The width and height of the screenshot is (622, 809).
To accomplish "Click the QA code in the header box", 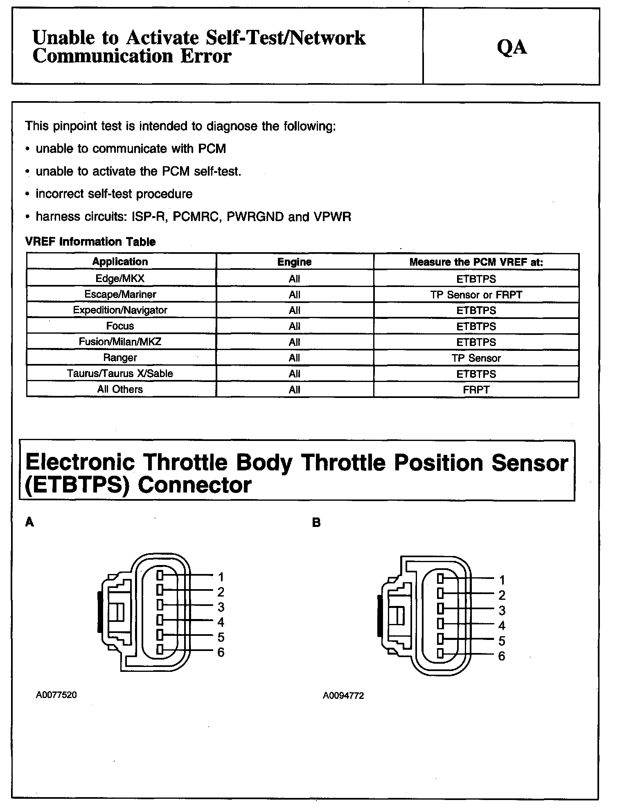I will (512, 47).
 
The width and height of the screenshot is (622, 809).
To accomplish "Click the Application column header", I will (120, 262).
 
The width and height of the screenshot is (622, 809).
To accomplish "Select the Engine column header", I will (294, 262).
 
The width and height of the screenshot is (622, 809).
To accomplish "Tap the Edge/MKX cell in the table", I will (120, 279).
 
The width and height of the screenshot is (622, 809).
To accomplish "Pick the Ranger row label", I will (120, 358).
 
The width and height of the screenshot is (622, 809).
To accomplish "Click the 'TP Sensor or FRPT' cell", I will (476, 295).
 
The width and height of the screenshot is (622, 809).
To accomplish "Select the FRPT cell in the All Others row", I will (476, 390).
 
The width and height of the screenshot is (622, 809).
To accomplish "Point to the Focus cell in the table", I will (120, 326).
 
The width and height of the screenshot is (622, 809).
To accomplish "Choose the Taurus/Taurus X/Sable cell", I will (120, 374).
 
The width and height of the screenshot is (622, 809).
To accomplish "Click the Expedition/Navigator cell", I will (120, 310).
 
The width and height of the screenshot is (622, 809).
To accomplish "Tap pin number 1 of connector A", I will (221, 577).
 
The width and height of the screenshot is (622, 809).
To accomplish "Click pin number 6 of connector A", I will (221, 652).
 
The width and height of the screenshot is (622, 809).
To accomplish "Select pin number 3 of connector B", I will (502, 610).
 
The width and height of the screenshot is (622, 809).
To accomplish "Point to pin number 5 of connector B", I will (502, 641).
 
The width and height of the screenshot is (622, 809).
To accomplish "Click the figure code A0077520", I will (56, 695).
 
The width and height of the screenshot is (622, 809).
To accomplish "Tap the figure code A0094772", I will (343, 696).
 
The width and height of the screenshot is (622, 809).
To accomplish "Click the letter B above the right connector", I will (316, 523).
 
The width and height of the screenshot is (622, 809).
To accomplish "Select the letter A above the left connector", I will (29, 522).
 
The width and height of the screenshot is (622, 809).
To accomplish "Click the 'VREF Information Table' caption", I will (90, 242).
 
